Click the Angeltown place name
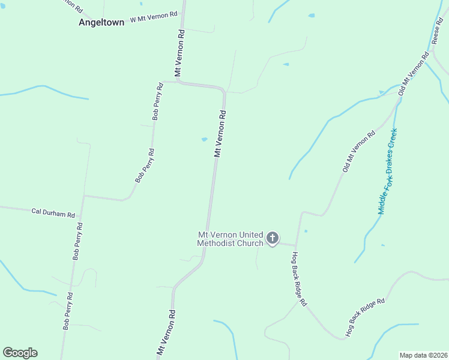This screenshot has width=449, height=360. [x=101, y=22]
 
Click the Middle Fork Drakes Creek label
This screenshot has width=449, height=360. [x=387, y=171]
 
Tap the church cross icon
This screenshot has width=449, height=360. [x=273, y=239]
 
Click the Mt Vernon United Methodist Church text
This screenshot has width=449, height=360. [x=231, y=239]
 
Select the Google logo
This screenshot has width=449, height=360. [x=20, y=353]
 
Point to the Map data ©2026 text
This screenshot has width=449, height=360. [x=423, y=355]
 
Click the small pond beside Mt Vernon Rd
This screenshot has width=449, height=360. [x=205, y=140]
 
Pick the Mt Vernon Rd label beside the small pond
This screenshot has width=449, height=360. [x=220, y=133]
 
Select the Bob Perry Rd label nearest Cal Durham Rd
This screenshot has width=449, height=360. [x=78, y=241]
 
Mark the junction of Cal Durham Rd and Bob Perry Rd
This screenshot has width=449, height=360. [x=83, y=196]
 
